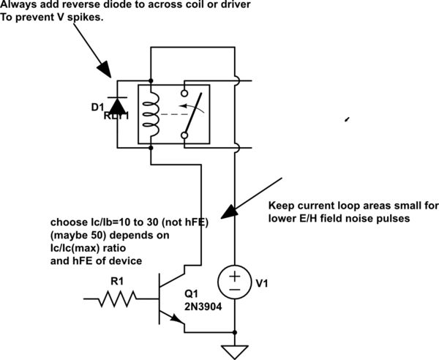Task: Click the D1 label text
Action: point(97,108)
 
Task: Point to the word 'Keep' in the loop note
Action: point(281,205)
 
